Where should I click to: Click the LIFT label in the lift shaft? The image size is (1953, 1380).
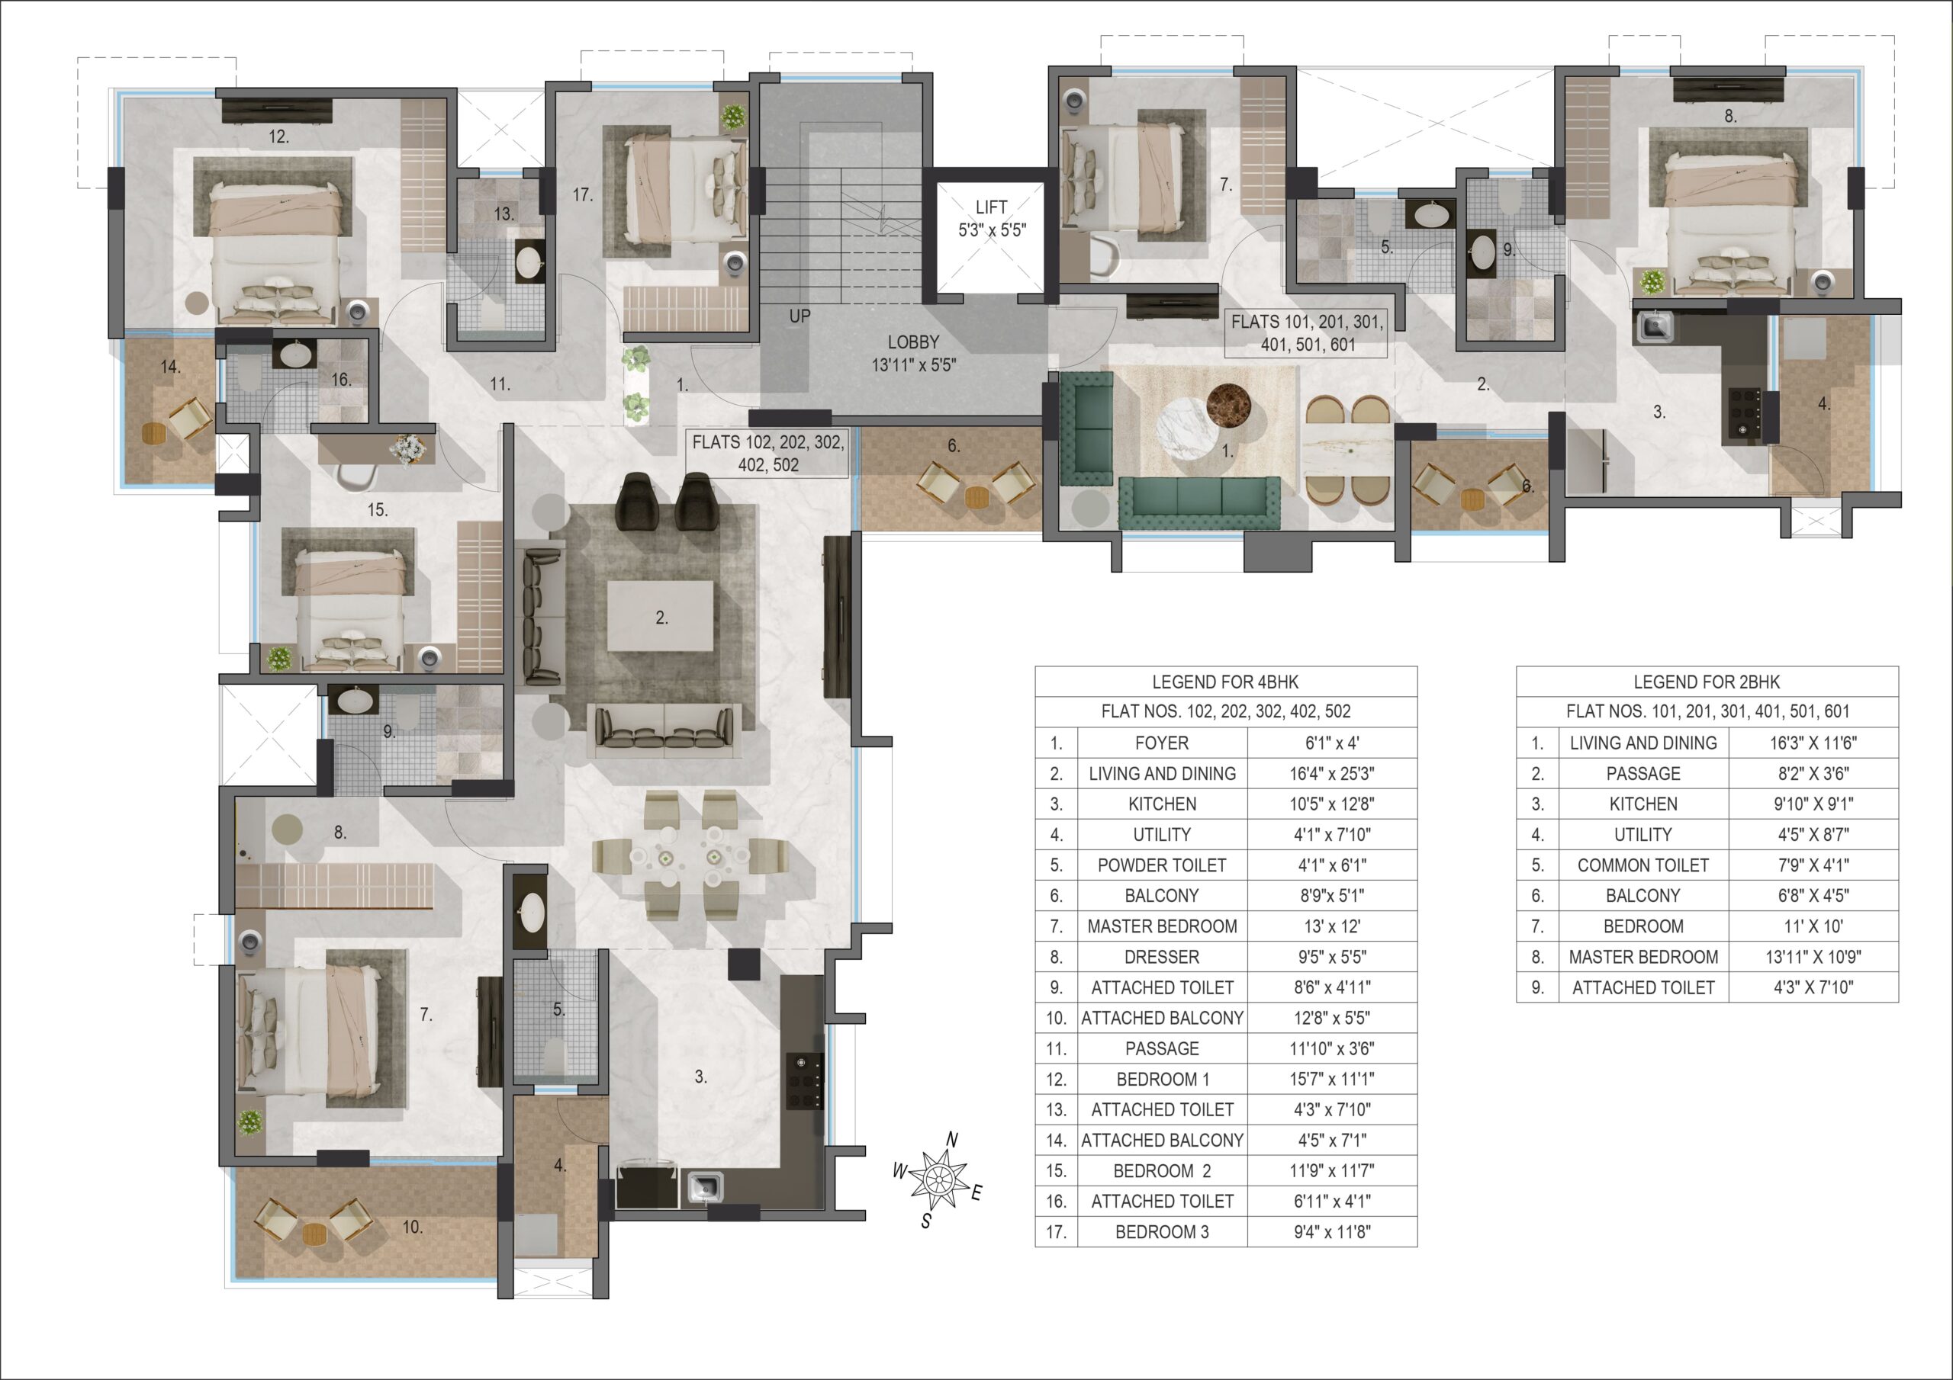coord(991,207)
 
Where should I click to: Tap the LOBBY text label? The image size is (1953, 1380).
coord(912,342)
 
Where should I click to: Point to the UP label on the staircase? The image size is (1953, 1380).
coord(800,316)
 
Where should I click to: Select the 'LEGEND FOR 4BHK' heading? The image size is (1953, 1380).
coord(1225,682)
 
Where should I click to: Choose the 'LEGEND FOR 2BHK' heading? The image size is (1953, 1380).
coord(1707,682)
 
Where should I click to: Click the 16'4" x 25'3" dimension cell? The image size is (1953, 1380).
coord(1331,774)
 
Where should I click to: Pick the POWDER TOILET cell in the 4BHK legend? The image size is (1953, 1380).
coord(1162,865)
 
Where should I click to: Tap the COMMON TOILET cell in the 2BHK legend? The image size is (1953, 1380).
coord(1643,865)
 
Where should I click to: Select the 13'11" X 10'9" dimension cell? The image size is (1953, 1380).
coord(1813,958)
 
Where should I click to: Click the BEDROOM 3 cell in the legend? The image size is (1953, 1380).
coord(1162,1232)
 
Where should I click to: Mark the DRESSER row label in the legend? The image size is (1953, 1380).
coord(1162,958)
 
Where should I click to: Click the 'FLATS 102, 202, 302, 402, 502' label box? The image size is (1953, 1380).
coord(768,453)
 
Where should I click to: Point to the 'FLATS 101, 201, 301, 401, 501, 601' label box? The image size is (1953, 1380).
coord(1307,333)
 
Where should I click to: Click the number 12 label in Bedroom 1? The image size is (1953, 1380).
coord(279,136)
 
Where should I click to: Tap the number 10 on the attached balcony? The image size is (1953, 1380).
coord(413,1227)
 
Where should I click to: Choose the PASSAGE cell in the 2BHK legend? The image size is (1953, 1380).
coord(1643,774)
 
